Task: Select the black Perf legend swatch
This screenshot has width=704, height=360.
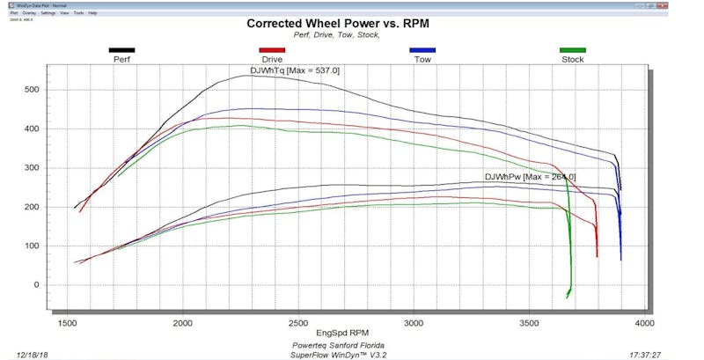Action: (121, 50)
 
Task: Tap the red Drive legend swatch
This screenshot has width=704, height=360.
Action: (272, 50)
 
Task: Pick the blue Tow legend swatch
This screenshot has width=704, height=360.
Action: (422, 50)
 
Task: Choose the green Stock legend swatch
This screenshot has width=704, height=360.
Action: (573, 50)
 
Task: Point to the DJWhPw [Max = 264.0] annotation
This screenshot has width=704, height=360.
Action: (530, 177)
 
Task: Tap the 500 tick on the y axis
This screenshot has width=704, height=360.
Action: (55, 90)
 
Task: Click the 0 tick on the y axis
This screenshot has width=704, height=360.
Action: (60, 284)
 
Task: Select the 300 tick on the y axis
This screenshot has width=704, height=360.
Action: (55, 167)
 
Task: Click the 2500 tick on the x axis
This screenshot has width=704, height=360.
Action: (299, 322)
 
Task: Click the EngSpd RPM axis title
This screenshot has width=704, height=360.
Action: (345, 334)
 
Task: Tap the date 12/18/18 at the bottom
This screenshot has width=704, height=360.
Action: (31, 350)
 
